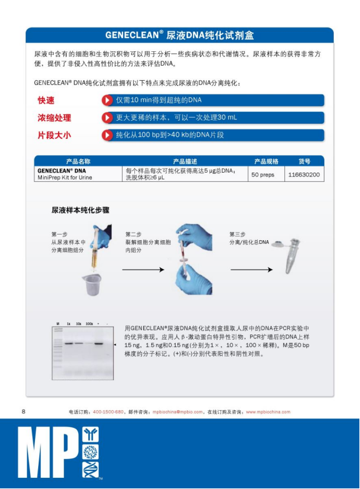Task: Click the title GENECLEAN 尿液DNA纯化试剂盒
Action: [179, 35]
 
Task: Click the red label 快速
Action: [46, 100]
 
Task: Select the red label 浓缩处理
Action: [54, 118]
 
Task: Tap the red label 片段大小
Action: [54, 135]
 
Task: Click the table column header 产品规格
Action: [266, 161]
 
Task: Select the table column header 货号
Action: [304, 161]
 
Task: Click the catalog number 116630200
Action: [304, 174]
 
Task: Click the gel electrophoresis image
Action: [82, 352]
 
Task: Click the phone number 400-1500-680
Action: [108, 412]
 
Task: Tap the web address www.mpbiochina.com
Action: [268, 412]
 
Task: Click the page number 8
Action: [24, 411]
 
